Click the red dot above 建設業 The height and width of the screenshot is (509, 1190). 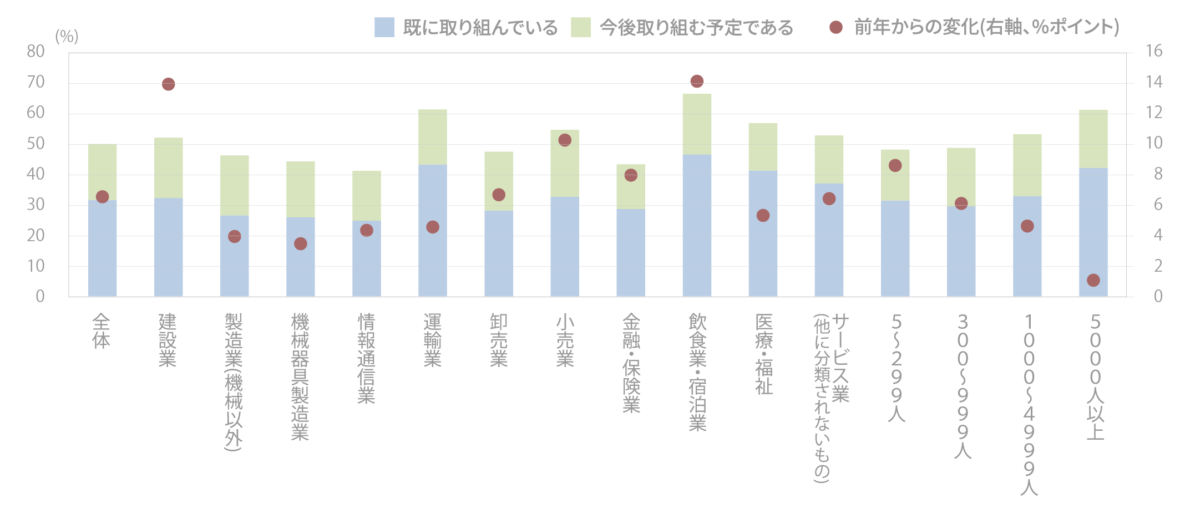pyautogui.click(x=169, y=84)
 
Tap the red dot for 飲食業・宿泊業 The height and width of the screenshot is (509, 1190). pyautogui.click(x=697, y=82)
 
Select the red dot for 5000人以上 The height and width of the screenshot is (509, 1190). pyautogui.click(x=1093, y=280)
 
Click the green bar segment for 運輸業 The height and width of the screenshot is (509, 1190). pyautogui.click(x=433, y=137)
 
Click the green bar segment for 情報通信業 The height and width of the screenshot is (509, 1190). pyautogui.click(x=367, y=195)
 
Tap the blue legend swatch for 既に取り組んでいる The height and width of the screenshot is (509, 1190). pyautogui.click(x=384, y=27)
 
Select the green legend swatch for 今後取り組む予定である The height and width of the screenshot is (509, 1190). pyautogui.click(x=581, y=27)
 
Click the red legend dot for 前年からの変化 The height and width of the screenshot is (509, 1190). pyautogui.click(x=836, y=27)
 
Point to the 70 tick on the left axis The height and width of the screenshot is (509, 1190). pyautogui.click(x=36, y=82)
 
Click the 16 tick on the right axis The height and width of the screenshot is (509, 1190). pyautogui.click(x=1154, y=51)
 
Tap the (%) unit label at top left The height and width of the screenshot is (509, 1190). pyautogui.click(x=67, y=37)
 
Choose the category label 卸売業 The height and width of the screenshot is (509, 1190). pyautogui.click(x=499, y=340)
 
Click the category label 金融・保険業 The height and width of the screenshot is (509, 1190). pyautogui.click(x=631, y=363)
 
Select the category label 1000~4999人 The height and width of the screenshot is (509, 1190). pyautogui.click(x=1029, y=404)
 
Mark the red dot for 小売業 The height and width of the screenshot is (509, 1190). pyautogui.click(x=565, y=140)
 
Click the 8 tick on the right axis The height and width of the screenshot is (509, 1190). pyautogui.click(x=1158, y=174)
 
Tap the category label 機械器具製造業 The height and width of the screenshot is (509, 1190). pyautogui.click(x=300, y=376)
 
